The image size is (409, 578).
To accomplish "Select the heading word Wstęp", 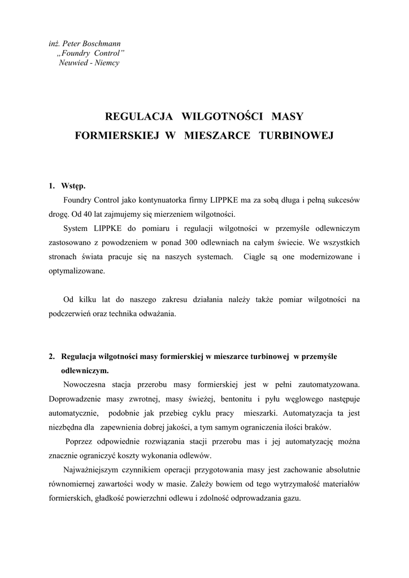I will tap(73, 186).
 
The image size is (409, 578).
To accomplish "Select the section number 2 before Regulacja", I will tap(51, 357).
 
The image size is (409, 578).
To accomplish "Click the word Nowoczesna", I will tap(85, 385).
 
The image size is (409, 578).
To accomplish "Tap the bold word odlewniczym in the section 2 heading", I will tap(85, 371).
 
